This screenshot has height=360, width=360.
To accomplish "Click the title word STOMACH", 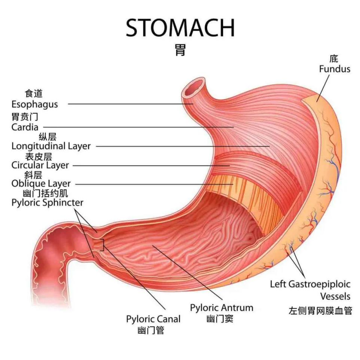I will [180, 28].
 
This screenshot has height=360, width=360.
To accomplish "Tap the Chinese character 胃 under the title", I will [180, 50].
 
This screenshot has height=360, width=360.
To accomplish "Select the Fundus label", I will [335, 69].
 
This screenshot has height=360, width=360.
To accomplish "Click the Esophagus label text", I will [34, 104].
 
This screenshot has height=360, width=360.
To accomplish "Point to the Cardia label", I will [25, 127].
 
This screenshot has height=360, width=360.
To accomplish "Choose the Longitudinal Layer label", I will [51, 146].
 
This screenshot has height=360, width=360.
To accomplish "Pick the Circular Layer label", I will [40, 165].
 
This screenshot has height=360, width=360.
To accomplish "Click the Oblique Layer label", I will [41, 184].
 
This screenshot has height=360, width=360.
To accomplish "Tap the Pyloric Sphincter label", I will [47, 202].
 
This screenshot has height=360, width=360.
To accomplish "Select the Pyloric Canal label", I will [153, 319].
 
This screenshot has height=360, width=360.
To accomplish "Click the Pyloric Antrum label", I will [222, 308].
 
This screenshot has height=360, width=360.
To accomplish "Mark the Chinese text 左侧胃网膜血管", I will [320, 310].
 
